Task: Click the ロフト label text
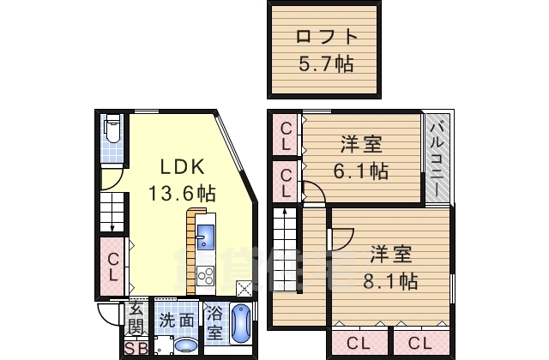[325, 37]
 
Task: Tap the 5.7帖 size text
[325, 64]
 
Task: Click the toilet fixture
[112, 131]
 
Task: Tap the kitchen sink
[206, 235]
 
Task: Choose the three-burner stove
[206, 275]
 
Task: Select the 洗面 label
[176, 321]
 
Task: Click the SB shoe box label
[136, 349]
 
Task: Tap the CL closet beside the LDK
[113, 266]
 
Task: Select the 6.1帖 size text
[360, 171]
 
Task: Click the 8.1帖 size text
[394, 280]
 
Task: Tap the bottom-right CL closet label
[419, 344]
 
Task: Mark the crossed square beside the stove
[244, 289]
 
